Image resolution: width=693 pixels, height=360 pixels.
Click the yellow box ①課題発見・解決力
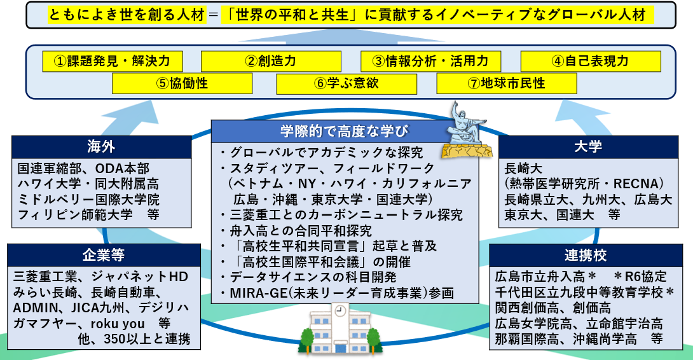pos(113,61)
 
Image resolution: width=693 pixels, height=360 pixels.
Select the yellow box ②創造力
pos(271,61)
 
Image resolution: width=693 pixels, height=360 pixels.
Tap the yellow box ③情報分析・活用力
pos(430,61)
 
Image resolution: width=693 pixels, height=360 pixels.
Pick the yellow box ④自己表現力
pos(591,61)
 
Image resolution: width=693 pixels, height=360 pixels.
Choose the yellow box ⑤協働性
pos(182,83)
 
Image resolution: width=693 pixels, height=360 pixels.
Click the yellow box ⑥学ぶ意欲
pos(346,83)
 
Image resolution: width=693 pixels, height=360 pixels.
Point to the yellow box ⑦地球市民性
pos(507,83)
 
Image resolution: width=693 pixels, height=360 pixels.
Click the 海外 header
pos(101,147)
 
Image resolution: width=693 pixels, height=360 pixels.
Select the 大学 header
pos(588,147)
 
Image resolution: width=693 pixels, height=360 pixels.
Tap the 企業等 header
pos(104,255)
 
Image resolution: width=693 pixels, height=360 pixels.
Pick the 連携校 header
pos(586,255)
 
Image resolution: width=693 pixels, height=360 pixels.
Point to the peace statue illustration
pos(467,130)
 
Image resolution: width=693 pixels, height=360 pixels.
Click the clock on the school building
pos(340,311)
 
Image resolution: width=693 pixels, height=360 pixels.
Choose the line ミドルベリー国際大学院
pos(88,200)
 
